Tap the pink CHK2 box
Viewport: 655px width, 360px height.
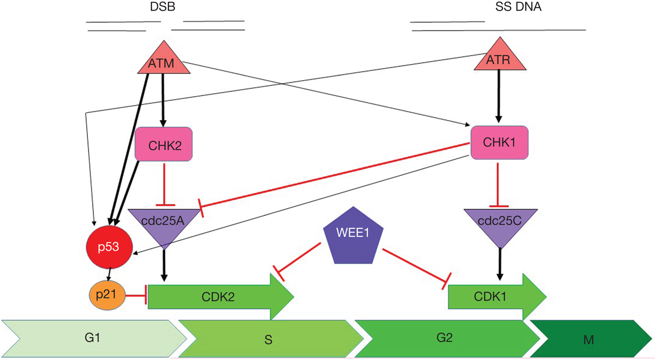pyautogui.click(x=163, y=144)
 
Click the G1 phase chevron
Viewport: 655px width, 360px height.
pyautogui.click(x=93, y=338)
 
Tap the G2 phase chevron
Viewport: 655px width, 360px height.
pyautogui.click(x=446, y=338)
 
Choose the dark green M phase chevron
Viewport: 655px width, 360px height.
pyautogui.click(x=590, y=339)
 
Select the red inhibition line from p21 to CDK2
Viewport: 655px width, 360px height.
pyautogui.click(x=137, y=296)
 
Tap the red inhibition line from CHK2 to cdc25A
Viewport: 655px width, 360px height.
pyautogui.click(x=164, y=182)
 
